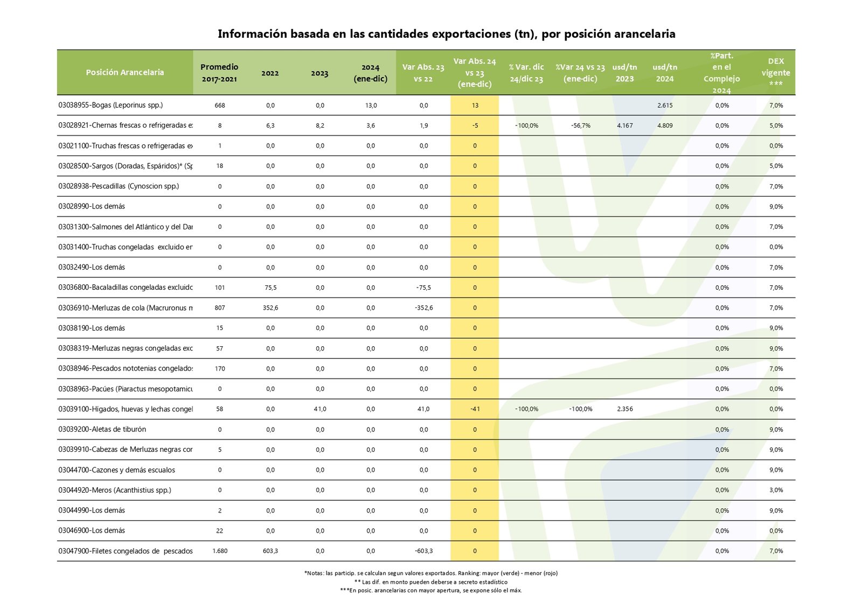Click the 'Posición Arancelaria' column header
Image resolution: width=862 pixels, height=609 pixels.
coord(124,72)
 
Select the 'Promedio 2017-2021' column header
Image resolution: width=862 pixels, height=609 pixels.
coord(219,73)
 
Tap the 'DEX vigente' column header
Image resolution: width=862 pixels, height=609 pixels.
coord(776,72)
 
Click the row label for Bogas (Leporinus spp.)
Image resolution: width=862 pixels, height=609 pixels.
coord(110,105)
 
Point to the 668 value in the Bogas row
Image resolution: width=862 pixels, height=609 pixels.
coord(220,106)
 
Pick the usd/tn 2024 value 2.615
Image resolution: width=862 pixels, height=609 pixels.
coord(665,106)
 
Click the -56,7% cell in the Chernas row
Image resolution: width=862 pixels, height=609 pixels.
coord(581,125)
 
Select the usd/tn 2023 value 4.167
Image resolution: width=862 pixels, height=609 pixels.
coord(625,125)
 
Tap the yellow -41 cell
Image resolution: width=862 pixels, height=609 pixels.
coord(475,409)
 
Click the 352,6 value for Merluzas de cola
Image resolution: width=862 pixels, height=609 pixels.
coord(270,308)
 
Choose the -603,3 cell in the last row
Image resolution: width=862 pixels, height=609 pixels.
coord(423,551)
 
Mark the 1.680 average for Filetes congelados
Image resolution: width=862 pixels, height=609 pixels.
coord(220,551)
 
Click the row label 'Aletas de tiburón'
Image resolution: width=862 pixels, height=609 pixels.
coord(102,429)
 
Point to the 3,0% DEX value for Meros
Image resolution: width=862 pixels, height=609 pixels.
coord(776,490)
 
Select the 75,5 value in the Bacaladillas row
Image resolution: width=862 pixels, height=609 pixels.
coord(270,288)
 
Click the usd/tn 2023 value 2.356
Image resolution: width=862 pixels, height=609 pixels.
coord(625,409)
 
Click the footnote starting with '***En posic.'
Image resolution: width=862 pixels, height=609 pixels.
coord(431,590)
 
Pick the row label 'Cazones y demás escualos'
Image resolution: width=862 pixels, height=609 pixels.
coord(117,470)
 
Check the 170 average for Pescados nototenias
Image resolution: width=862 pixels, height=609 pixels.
coord(220,369)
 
